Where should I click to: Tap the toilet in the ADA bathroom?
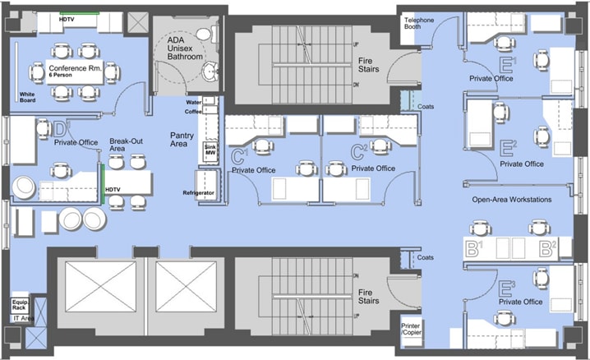pos(214,35)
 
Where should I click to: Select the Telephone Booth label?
pos(419,23)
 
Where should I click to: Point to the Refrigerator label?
pos(198,192)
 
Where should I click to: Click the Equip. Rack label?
pos(21,303)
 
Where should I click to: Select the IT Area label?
pos(21,317)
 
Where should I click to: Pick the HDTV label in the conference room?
pos(68,16)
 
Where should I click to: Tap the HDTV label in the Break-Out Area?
pos(113,190)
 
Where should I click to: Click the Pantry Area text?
pos(181,139)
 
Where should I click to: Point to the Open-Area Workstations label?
pos(512,200)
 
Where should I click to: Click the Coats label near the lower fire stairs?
pos(425,257)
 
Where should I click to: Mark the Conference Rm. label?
pos(75,68)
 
